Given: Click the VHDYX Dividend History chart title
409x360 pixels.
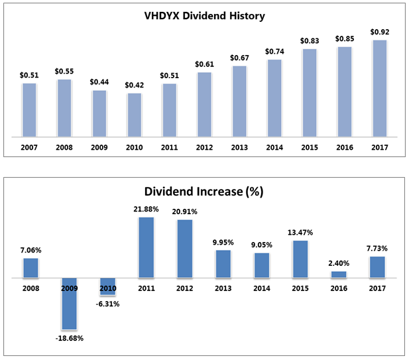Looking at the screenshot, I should (x=204, y=15).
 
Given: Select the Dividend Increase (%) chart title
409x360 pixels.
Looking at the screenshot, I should (x=204, y=194).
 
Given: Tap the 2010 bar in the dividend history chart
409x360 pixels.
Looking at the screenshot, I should (x=134, y=115).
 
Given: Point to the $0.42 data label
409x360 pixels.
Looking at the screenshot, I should (x=134, y=85).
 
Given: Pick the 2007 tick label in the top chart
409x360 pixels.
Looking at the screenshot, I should (x=29, y=148).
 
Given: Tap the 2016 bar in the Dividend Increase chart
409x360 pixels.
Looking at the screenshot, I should (x=339, y=274).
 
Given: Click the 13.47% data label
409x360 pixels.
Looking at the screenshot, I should (x=300, y=233).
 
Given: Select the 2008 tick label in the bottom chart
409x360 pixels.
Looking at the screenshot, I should (x=30, y=288).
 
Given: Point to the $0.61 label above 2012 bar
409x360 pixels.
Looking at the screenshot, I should (x=204, y=64).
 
